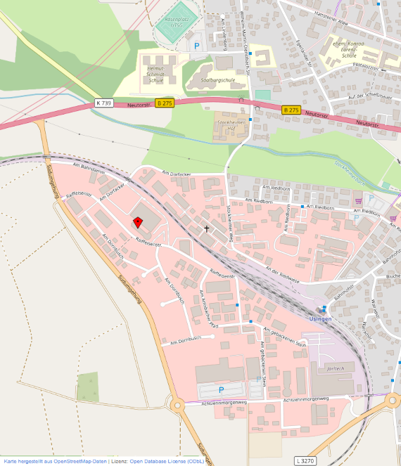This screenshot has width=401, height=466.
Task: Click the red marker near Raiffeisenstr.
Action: [138, 221]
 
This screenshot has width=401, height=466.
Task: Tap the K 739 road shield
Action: [103, 103]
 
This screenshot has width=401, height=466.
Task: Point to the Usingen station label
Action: [320, 318]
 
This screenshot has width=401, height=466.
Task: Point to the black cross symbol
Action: [207, 228]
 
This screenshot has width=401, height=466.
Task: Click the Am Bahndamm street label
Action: [89, 168]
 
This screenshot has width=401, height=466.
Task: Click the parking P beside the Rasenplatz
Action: [197, 45]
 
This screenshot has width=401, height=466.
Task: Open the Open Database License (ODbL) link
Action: [166, 461]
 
